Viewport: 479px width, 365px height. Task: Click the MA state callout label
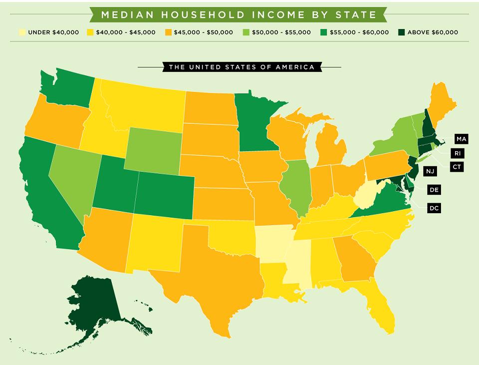point(461,138)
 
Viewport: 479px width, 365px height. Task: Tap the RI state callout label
point(457,153)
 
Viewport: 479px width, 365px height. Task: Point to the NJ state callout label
point(430,171)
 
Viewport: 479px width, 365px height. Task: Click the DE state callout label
point(434,190)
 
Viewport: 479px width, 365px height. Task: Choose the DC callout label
point(434,208)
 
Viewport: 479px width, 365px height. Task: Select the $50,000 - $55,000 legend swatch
point(245,32)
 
